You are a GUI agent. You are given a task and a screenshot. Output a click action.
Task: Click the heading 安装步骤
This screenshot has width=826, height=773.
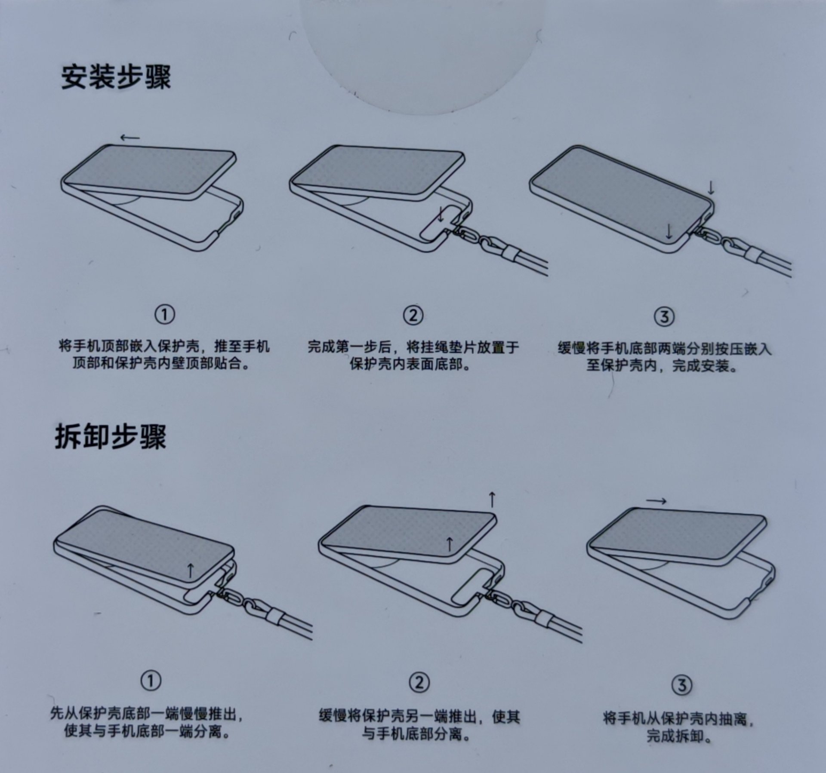coord(116,77)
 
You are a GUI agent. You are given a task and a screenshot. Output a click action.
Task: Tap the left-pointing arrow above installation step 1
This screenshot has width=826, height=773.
coord(130,138)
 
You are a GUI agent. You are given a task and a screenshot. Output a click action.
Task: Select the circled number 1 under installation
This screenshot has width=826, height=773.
coord(165,315)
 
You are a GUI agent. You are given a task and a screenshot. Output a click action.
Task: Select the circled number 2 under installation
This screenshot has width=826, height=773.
coord(413,315)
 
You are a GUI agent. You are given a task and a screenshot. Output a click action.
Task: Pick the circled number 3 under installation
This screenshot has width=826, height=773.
coord(664,317)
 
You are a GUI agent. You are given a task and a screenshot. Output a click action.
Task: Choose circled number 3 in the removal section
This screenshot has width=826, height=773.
coord(682,684)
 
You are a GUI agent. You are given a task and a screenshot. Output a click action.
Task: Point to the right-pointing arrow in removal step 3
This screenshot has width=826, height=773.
coord(656,501)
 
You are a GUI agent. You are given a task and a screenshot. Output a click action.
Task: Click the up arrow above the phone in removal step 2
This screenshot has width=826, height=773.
coord(493,500)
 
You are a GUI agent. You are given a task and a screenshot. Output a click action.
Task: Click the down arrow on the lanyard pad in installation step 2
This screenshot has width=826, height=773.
coord(441,214)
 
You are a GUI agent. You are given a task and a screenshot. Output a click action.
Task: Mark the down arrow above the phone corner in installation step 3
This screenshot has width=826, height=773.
coord(711,187)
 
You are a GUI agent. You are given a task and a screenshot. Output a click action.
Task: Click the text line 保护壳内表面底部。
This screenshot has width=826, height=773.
coord(410,365)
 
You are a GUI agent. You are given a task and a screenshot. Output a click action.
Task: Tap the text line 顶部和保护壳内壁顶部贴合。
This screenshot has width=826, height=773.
coord(161,364)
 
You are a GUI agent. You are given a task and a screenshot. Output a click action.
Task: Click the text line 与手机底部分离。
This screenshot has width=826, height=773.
coord(416,734)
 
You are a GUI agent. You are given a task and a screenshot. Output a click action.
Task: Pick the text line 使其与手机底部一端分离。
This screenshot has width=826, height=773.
coord(147,731)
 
